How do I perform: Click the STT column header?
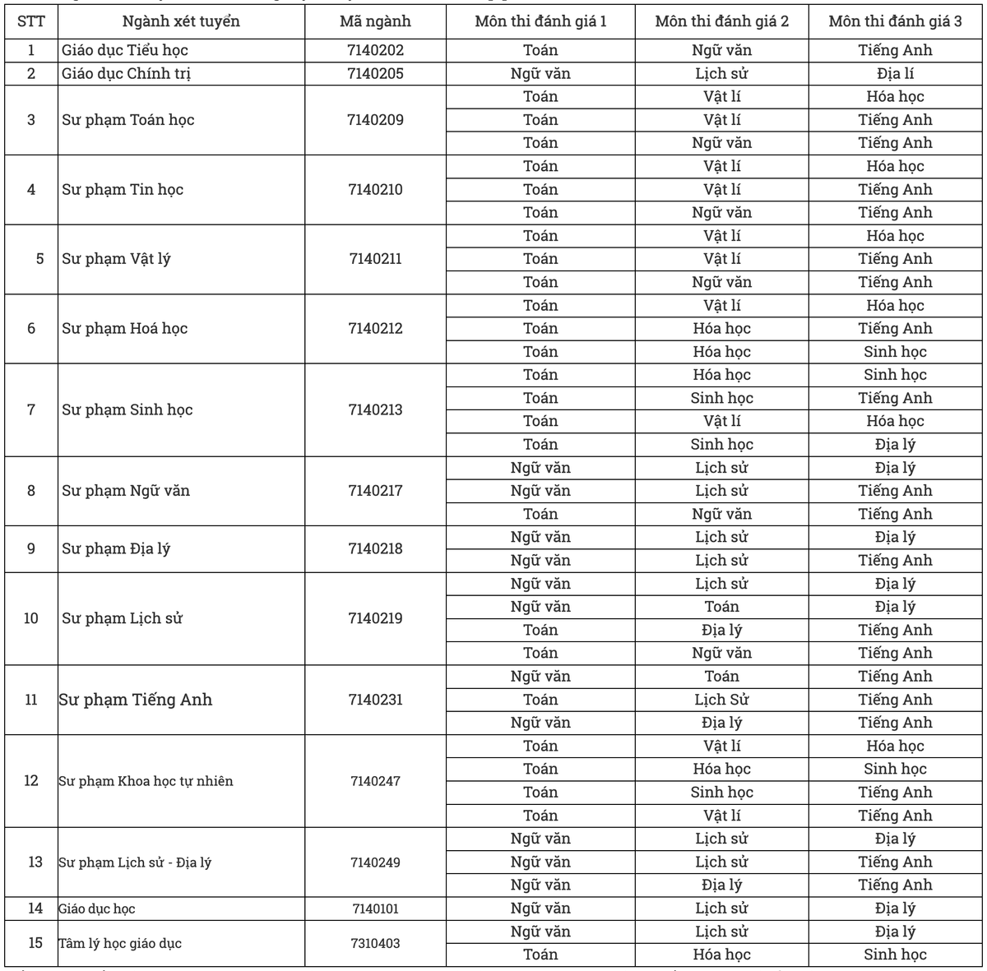click(x=31, y=21)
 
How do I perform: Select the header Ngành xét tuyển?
click(x=182, y=21)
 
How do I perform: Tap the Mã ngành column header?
click(x=375, y=21)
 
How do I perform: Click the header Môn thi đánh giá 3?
click(x=896, y=21)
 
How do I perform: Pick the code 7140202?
click(x=375, y=50)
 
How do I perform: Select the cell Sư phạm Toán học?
click(x=128, y=120)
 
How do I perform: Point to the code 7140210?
click(x=375, y=190)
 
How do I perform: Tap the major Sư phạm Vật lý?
click(x=116, y=259)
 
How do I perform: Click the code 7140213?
click(x=375, y=409)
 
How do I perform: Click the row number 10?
click(x=31, y=618)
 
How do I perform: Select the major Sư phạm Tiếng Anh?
click(x=136, y=700)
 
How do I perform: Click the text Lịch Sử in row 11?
click(x=722, y=700)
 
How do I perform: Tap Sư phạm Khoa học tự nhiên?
click(x=146, y=781)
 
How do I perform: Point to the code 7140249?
click(x=375, y=862)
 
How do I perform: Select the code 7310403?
click(x=375, y=943)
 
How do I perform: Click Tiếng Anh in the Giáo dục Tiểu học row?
click(x=896, y=50)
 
